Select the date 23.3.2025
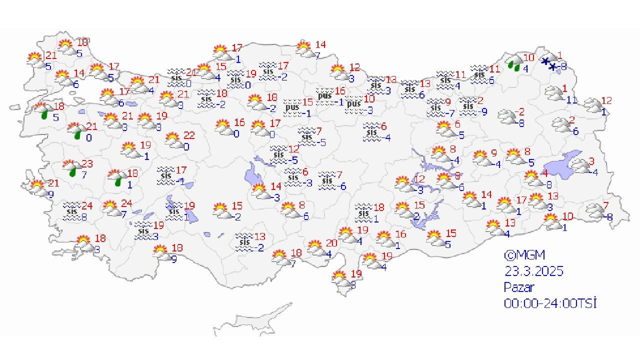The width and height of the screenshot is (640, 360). click(x=533, y=271)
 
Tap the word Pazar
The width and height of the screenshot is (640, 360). click(x=518, y=287)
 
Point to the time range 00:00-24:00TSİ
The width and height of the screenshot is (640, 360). click(x=550, y=303)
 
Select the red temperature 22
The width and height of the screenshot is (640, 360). click(x=189, y=135)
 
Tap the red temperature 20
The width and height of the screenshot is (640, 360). click(x=331, y=243)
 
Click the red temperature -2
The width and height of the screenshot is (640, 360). click(x=520, y=111)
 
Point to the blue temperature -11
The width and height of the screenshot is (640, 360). click(x=571, y=100)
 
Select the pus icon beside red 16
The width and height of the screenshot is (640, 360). click(x=324, y=95)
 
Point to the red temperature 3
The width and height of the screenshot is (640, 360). click(x=591, y=161)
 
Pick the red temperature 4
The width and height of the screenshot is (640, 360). click(x=545, y=173)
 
